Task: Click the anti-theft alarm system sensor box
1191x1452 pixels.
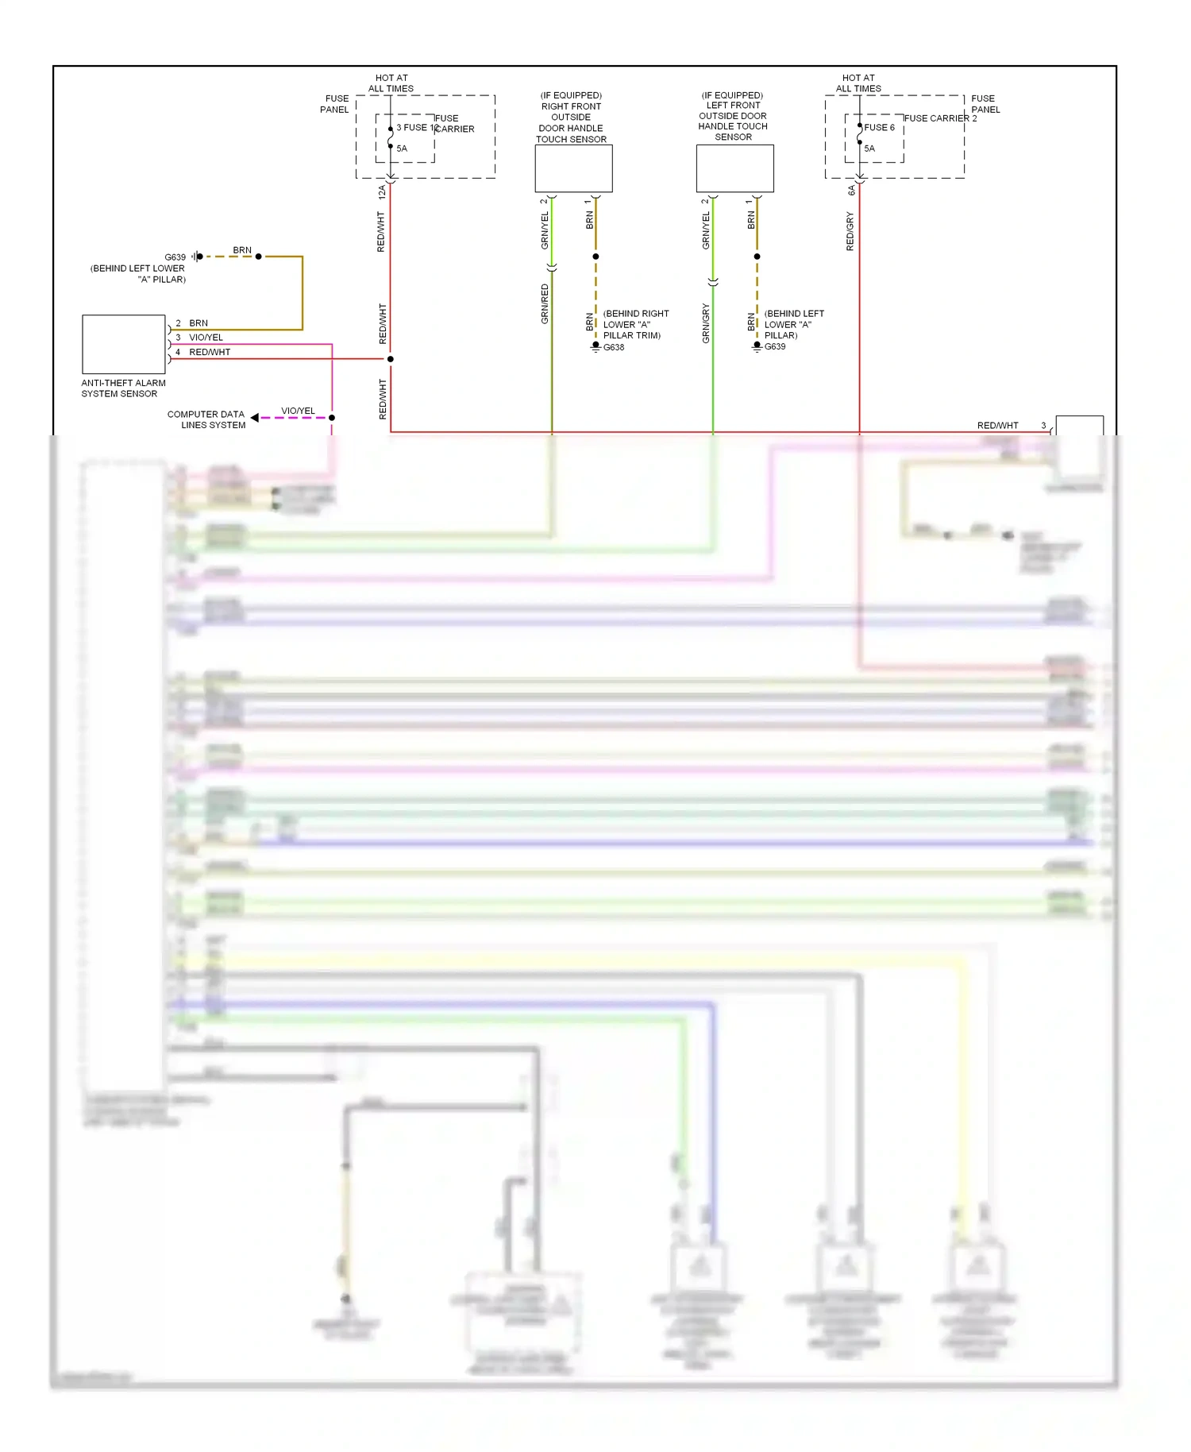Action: (123, 344)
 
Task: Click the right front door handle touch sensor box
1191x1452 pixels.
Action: (573, 168)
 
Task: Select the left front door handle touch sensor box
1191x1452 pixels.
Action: (734, 168)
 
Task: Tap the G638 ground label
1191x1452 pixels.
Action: (614, 347)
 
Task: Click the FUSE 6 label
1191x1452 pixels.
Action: (879, 127)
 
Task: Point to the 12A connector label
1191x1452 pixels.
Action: (382, 191)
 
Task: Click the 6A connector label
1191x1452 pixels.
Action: (851, 191)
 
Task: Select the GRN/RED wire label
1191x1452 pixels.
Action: (545, 303)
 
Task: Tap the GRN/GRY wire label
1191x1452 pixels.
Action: (706, 323)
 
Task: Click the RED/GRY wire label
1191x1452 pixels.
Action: (850, 231)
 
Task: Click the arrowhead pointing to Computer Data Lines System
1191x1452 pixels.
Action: (255, 417)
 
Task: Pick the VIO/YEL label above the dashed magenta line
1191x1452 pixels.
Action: (298, 411)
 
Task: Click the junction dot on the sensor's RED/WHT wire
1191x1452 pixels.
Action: (390, 359)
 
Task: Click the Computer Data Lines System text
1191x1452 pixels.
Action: (206, 419)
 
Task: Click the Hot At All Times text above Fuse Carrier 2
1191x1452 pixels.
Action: (858, 83)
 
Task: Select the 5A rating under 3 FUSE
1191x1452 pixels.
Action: (402, 149)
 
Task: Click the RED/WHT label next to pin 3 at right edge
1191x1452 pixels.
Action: (997, 426)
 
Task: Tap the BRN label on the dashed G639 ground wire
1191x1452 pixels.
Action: (242, 250)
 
